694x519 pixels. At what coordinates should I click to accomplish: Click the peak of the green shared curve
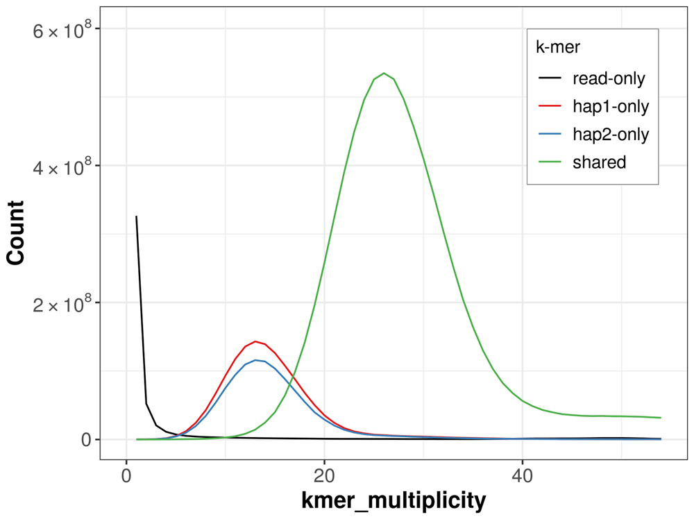[x=384, y=73]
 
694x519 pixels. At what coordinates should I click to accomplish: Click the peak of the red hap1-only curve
[x=255, y=341]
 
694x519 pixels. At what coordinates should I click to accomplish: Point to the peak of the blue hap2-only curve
[x=255, y=360]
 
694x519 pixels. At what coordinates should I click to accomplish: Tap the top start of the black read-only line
[x=136, y=216]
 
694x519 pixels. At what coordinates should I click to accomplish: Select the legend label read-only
[x=609, y=78]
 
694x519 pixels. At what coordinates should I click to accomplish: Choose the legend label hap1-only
[x=611, y=106]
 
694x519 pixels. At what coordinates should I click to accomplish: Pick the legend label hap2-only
[x=611, y=135]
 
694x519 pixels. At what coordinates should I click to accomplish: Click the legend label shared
[x=599, y=162]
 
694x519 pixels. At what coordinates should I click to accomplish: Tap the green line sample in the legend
[x=550, y=162]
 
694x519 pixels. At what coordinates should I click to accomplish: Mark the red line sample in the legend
[x=550, y=106]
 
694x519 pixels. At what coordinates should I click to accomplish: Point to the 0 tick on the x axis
[x=126, y=478]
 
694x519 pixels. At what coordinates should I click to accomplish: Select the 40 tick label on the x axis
[x=522, y=478]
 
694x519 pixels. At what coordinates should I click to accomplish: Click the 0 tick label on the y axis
[x=87, y=440]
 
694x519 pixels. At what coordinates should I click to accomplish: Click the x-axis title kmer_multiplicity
[x=393, y=501]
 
